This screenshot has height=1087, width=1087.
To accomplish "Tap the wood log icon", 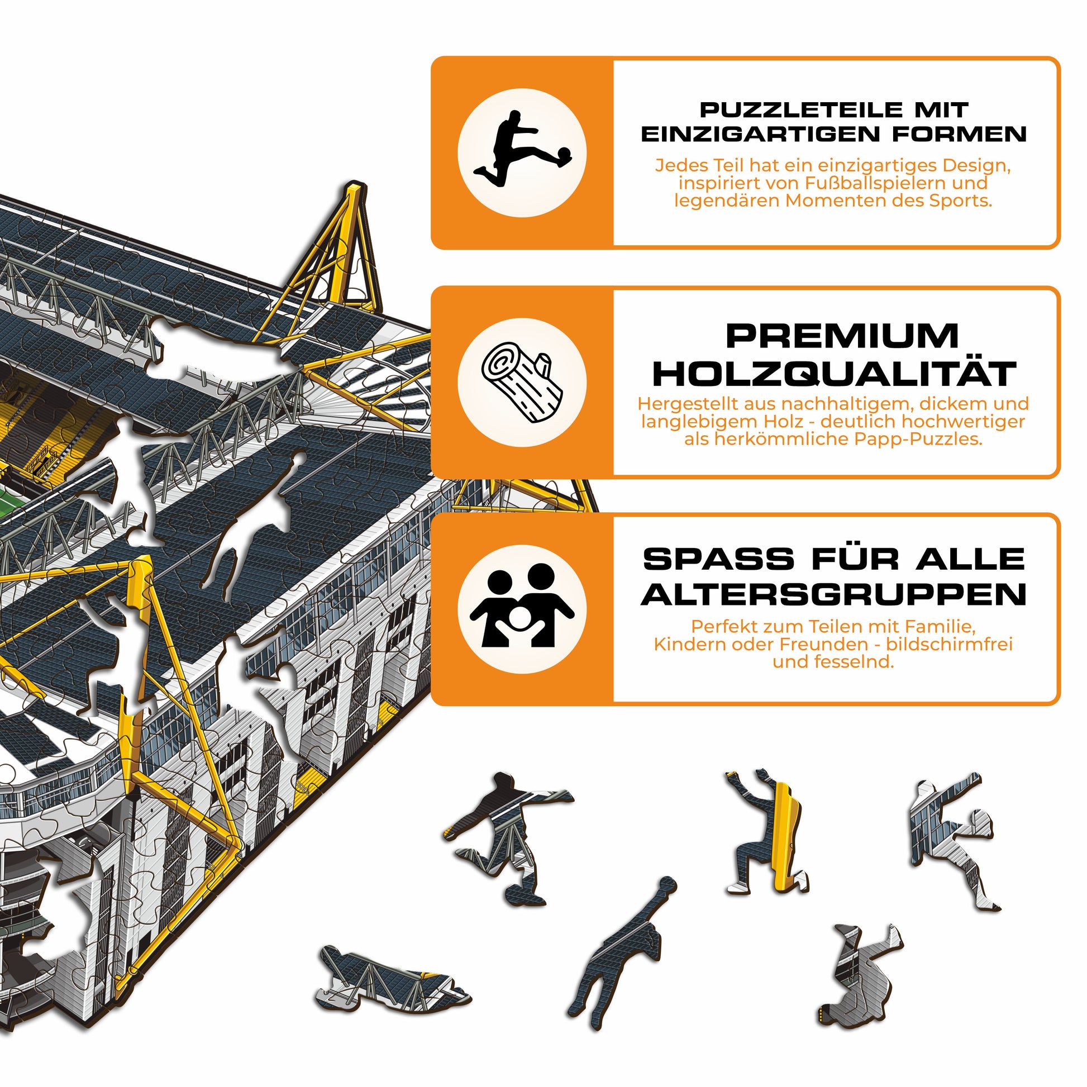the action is [x=522, y=383].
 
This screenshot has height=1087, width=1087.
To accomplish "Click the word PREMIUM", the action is [x=842, y=336].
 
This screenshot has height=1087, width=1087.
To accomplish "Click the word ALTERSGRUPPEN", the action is [x=834, y=594].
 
